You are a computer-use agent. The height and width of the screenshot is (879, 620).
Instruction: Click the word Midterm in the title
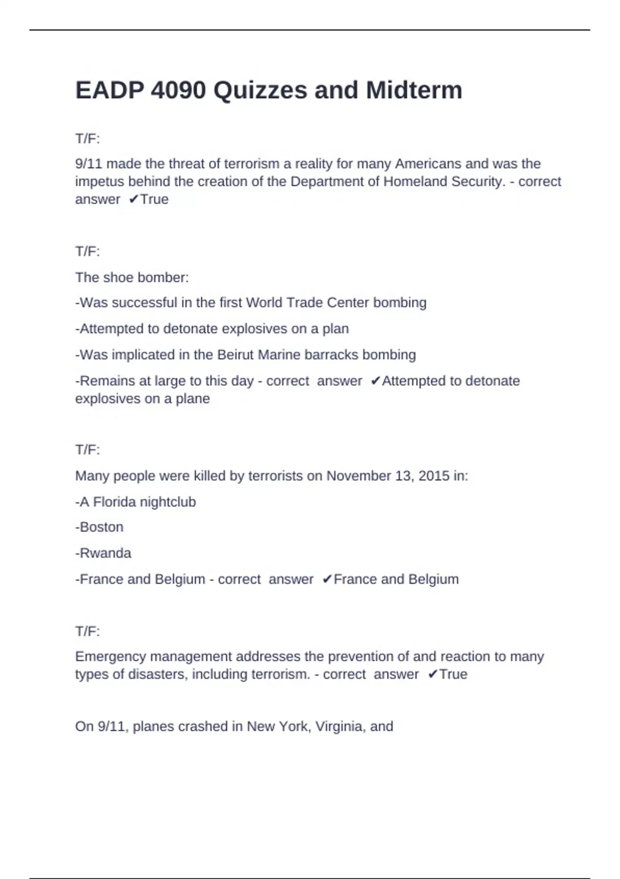coord(414,90)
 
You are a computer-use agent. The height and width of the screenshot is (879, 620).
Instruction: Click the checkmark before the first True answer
coord(133,200)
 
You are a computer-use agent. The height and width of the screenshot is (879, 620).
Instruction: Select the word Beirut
coord(236,355)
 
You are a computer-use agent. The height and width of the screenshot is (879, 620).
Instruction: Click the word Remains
coord(107,381)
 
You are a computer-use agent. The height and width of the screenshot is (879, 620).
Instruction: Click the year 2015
coord(434,476)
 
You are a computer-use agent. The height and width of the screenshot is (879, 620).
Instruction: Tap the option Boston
coord(101,527)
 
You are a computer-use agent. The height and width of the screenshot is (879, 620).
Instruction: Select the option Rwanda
coord(105,553)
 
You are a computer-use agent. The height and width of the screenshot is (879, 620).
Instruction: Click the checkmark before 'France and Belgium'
coord(327,580)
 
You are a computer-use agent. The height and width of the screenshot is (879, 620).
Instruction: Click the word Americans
coord(428,164)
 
